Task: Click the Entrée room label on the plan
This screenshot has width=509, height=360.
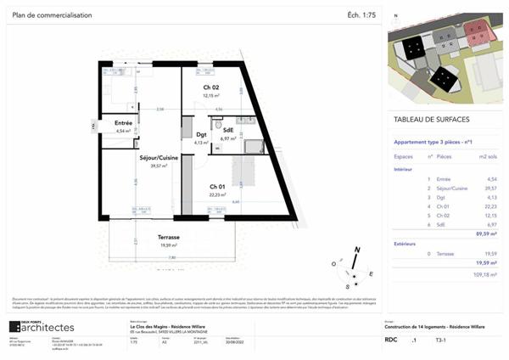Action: point(123,124)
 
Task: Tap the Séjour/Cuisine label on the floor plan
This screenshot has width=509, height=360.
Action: point(154,158)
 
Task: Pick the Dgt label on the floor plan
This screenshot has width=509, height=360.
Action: point(201,134)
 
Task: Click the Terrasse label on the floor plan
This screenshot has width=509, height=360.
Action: point(149,237)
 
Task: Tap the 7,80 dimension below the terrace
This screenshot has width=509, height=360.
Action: point(171,258)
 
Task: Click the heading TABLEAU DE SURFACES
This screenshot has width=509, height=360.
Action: point(433,120)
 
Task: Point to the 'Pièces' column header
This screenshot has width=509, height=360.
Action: point(445,157)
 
